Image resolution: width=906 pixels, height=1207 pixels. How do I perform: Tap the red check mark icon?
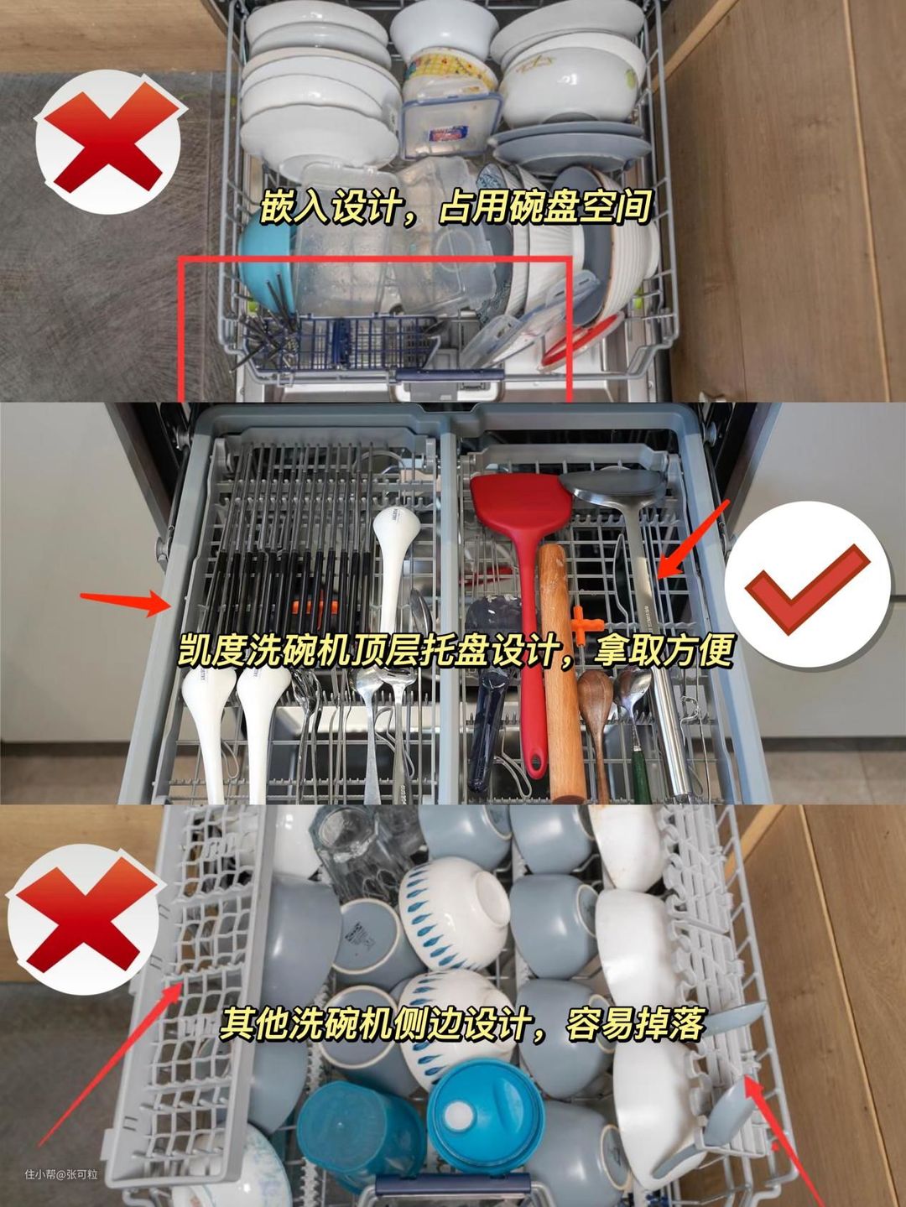[806, 590]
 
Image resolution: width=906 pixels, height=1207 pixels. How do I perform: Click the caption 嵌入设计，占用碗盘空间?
[456, 207]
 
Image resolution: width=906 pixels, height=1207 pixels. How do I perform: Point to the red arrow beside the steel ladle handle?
[695, 538]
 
